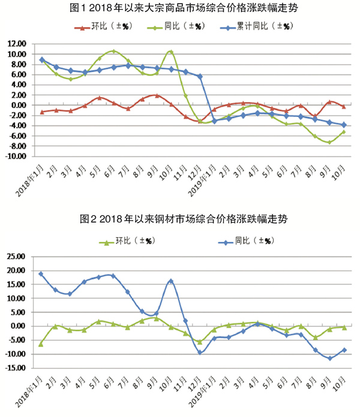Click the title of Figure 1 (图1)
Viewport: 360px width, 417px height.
tap(180, 8)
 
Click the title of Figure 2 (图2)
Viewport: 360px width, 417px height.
tap(180, 220)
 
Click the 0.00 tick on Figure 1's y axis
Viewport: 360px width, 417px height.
tap(18, 106)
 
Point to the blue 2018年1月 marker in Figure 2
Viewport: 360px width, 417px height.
tap(41, 274)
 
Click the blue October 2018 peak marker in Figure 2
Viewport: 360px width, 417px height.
tap(171, 281)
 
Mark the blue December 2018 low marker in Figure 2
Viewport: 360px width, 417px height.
tap(200, 352)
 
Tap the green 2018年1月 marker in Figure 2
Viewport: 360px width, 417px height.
tap(41, 344)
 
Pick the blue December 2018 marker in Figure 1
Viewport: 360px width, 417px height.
tap(200, 76)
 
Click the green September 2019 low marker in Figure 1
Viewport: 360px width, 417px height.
tap(329, 142)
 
